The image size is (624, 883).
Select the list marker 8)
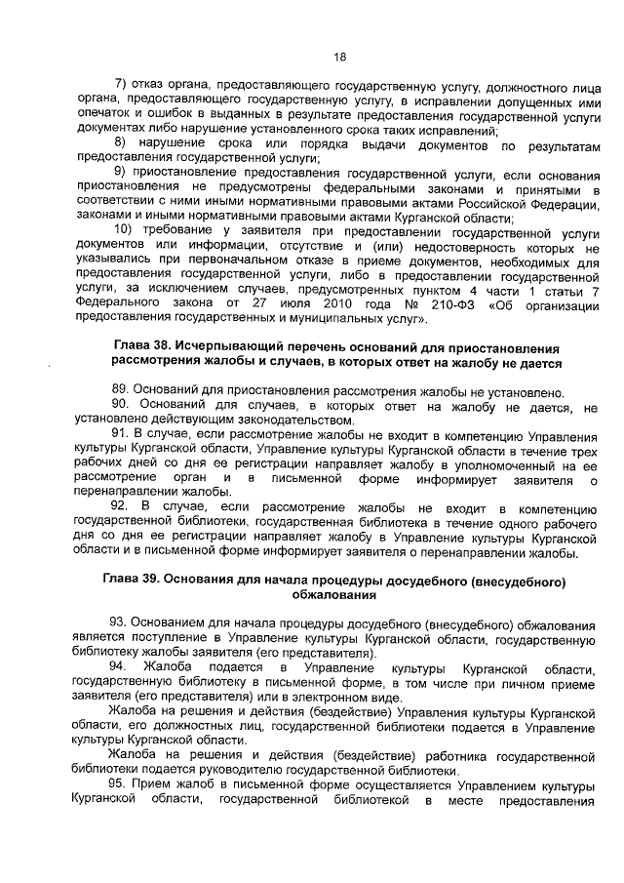click(x=122, y=144)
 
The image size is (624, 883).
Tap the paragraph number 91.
click(x=121, y=433)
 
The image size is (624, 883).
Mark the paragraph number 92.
click(x=121, y=507)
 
